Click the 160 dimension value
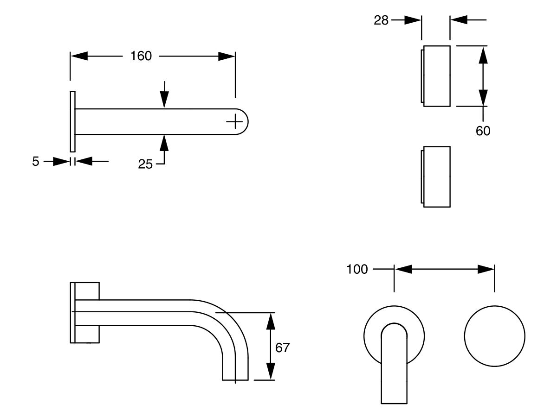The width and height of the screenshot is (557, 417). coord(141,56)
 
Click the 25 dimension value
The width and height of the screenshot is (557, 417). coord(145,164)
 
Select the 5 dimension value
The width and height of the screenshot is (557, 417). coord(36,162)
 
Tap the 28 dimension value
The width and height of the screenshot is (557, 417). coord(381,20)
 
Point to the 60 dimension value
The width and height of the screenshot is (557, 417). coord(483,131)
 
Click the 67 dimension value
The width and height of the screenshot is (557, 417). coord(282,347)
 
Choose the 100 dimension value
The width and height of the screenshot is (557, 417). coord(357,269)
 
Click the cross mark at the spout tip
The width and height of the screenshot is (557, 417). coord(235,122)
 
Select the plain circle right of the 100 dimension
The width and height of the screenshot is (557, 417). coord(494,336)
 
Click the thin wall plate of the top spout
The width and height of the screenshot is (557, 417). coord(72,121)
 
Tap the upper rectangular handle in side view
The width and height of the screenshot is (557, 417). coord(436,76)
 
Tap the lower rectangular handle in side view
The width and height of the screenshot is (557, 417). coord(436,177)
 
